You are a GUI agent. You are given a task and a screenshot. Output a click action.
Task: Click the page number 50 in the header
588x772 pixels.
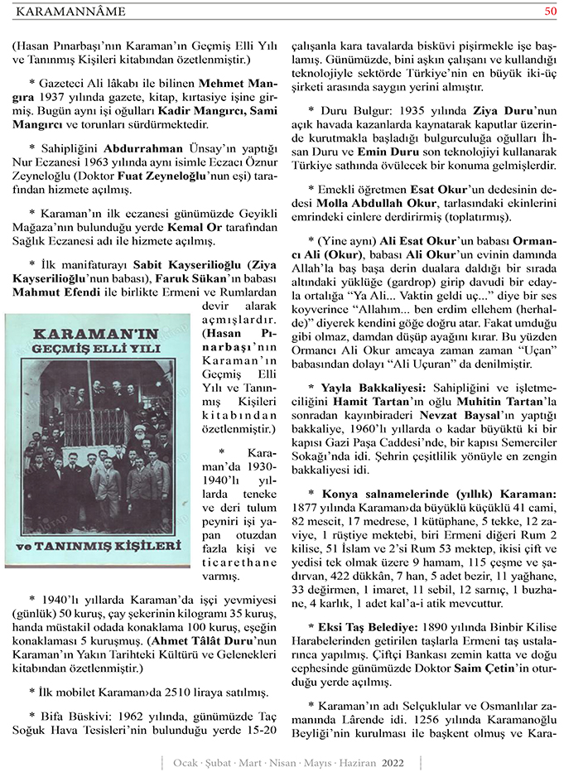551,11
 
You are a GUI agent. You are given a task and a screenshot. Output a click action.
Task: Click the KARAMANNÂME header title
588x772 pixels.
72,11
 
